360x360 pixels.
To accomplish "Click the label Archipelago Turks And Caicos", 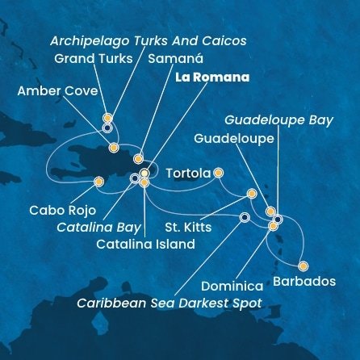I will tap(148, 40).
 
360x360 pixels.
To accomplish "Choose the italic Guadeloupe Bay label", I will tap(278, 119).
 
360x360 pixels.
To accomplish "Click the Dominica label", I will tap(232, 286).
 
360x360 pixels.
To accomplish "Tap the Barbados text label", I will tap(304, 282).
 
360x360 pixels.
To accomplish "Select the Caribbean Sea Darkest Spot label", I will tap(170, 304).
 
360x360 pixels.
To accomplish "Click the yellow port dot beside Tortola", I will tap(218, 172).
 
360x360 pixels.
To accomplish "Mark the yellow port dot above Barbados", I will tap(303, 266).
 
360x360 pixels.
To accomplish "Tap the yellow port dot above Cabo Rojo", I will tap(98, 182).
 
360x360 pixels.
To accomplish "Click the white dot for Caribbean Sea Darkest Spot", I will tap(245, 216).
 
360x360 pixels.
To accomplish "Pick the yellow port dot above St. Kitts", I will tap(252, 194).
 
